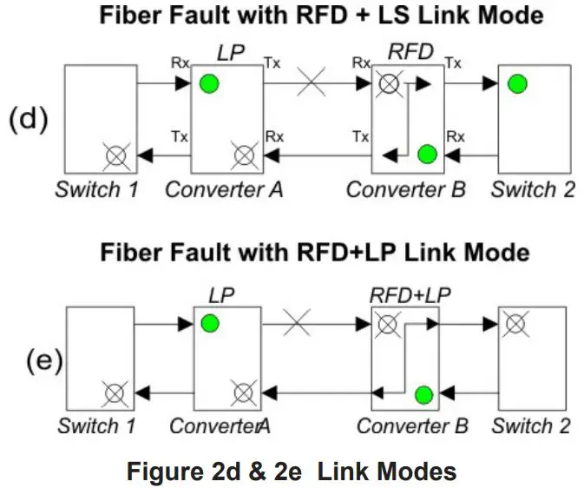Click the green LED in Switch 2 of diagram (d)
(x=517, y=84)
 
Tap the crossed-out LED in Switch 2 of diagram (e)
(x=516, y=324)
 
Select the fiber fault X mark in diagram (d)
(x=311, y=84)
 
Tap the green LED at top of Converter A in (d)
(x=208, y=84)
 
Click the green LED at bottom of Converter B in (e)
(x=423, y=395)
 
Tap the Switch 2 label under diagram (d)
(x=532, y=189)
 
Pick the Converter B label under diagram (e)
(x=412, y=426)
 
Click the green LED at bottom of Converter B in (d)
(x=426, y=155)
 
